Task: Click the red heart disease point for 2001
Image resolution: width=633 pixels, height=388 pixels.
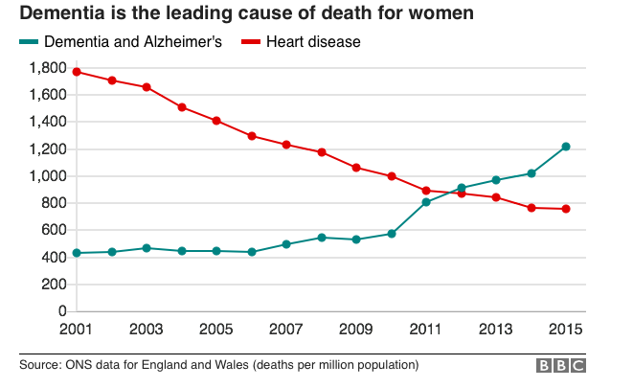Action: (x=77, y=72)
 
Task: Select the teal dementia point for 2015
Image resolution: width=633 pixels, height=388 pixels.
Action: (x=566, y=147)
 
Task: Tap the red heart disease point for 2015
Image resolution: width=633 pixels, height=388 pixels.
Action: (x=566, y=209)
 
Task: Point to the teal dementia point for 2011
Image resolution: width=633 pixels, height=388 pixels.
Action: (x=426, y=202)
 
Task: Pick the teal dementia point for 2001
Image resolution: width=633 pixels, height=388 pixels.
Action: (x=77, y=253)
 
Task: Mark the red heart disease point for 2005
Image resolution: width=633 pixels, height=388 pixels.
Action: (x=216, y=121)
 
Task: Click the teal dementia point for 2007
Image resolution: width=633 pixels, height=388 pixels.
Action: (x=286, y=244)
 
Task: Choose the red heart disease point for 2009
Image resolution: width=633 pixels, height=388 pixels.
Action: (x=356, y=168)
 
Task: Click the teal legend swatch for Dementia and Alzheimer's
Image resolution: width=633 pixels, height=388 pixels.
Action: (x=29, y=41)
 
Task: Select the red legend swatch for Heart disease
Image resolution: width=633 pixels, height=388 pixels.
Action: (x=251, y=41)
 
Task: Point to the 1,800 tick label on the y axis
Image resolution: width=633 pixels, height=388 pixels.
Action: (x=48, y=68)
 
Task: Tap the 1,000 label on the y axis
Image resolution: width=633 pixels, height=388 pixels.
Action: (x=48, y=176)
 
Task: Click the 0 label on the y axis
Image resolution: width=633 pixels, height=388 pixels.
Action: (x=62, y=311)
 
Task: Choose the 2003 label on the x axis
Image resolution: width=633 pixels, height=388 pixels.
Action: (x=147, y=329)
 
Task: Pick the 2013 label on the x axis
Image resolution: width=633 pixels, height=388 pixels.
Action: (x=496, y=329)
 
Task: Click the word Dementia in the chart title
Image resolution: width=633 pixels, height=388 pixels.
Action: (x=61, y=12)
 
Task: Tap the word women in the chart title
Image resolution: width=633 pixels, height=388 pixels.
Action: (x=441, y=12)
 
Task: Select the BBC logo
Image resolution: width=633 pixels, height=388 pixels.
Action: (x=561, y=365)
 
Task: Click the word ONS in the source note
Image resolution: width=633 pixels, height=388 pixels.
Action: (x=76, y=365)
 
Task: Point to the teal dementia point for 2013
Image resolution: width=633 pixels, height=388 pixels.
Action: (x=496, y=180)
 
